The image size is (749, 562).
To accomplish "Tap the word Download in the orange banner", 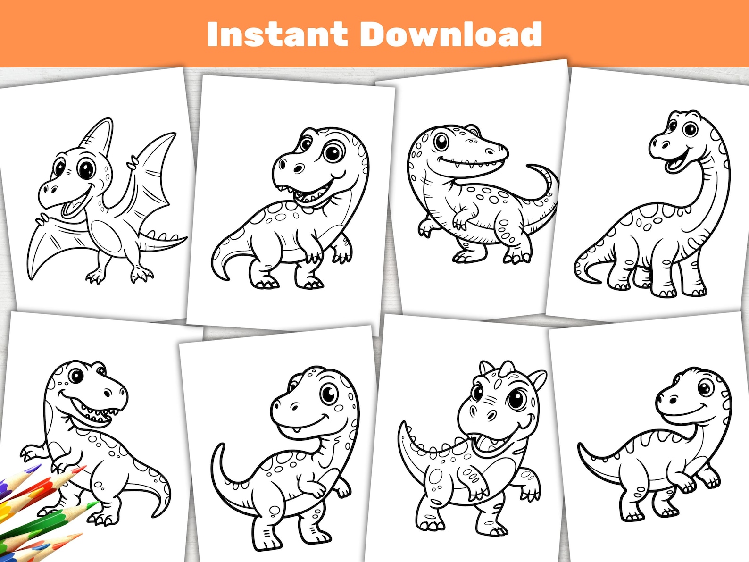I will tap(451, 34).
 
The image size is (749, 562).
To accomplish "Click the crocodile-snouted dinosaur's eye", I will tap(441, 141).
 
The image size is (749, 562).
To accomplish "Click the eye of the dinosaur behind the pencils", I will tap(75, 376).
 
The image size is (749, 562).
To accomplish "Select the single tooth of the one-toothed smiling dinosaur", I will tap(296, 429).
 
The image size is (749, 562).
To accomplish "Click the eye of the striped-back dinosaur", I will tap(704, 388).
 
